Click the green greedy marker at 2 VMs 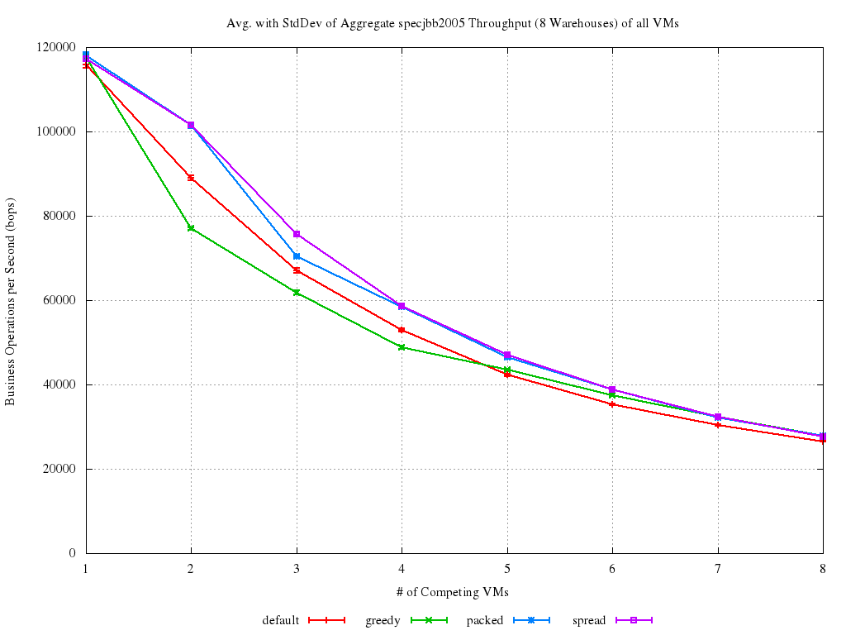click(x=191, y=228)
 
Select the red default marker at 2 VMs click(x=191, y=178)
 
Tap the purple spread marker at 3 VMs click(x=297, y=234)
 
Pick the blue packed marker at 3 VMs click(x=297, y=256)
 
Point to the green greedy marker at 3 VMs click(x=297, y=293)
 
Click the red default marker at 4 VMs click(x=402, y=330)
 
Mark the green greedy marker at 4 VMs click(x=402, y=347)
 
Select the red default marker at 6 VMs click(x=612, y=404)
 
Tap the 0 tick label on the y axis click(x=73, y=553)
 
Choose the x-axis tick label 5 click(x=507, y=569)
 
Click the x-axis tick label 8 click(x=823, y=569)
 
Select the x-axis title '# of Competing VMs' click(x=453, y=592)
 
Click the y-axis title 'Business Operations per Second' click(x=11, y=302)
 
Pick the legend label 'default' click(x=281, y=620)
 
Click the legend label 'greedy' click(x=383, y=620)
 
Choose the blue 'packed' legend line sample click(x=531, y=620)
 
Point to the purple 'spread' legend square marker click(x=634, y=620)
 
